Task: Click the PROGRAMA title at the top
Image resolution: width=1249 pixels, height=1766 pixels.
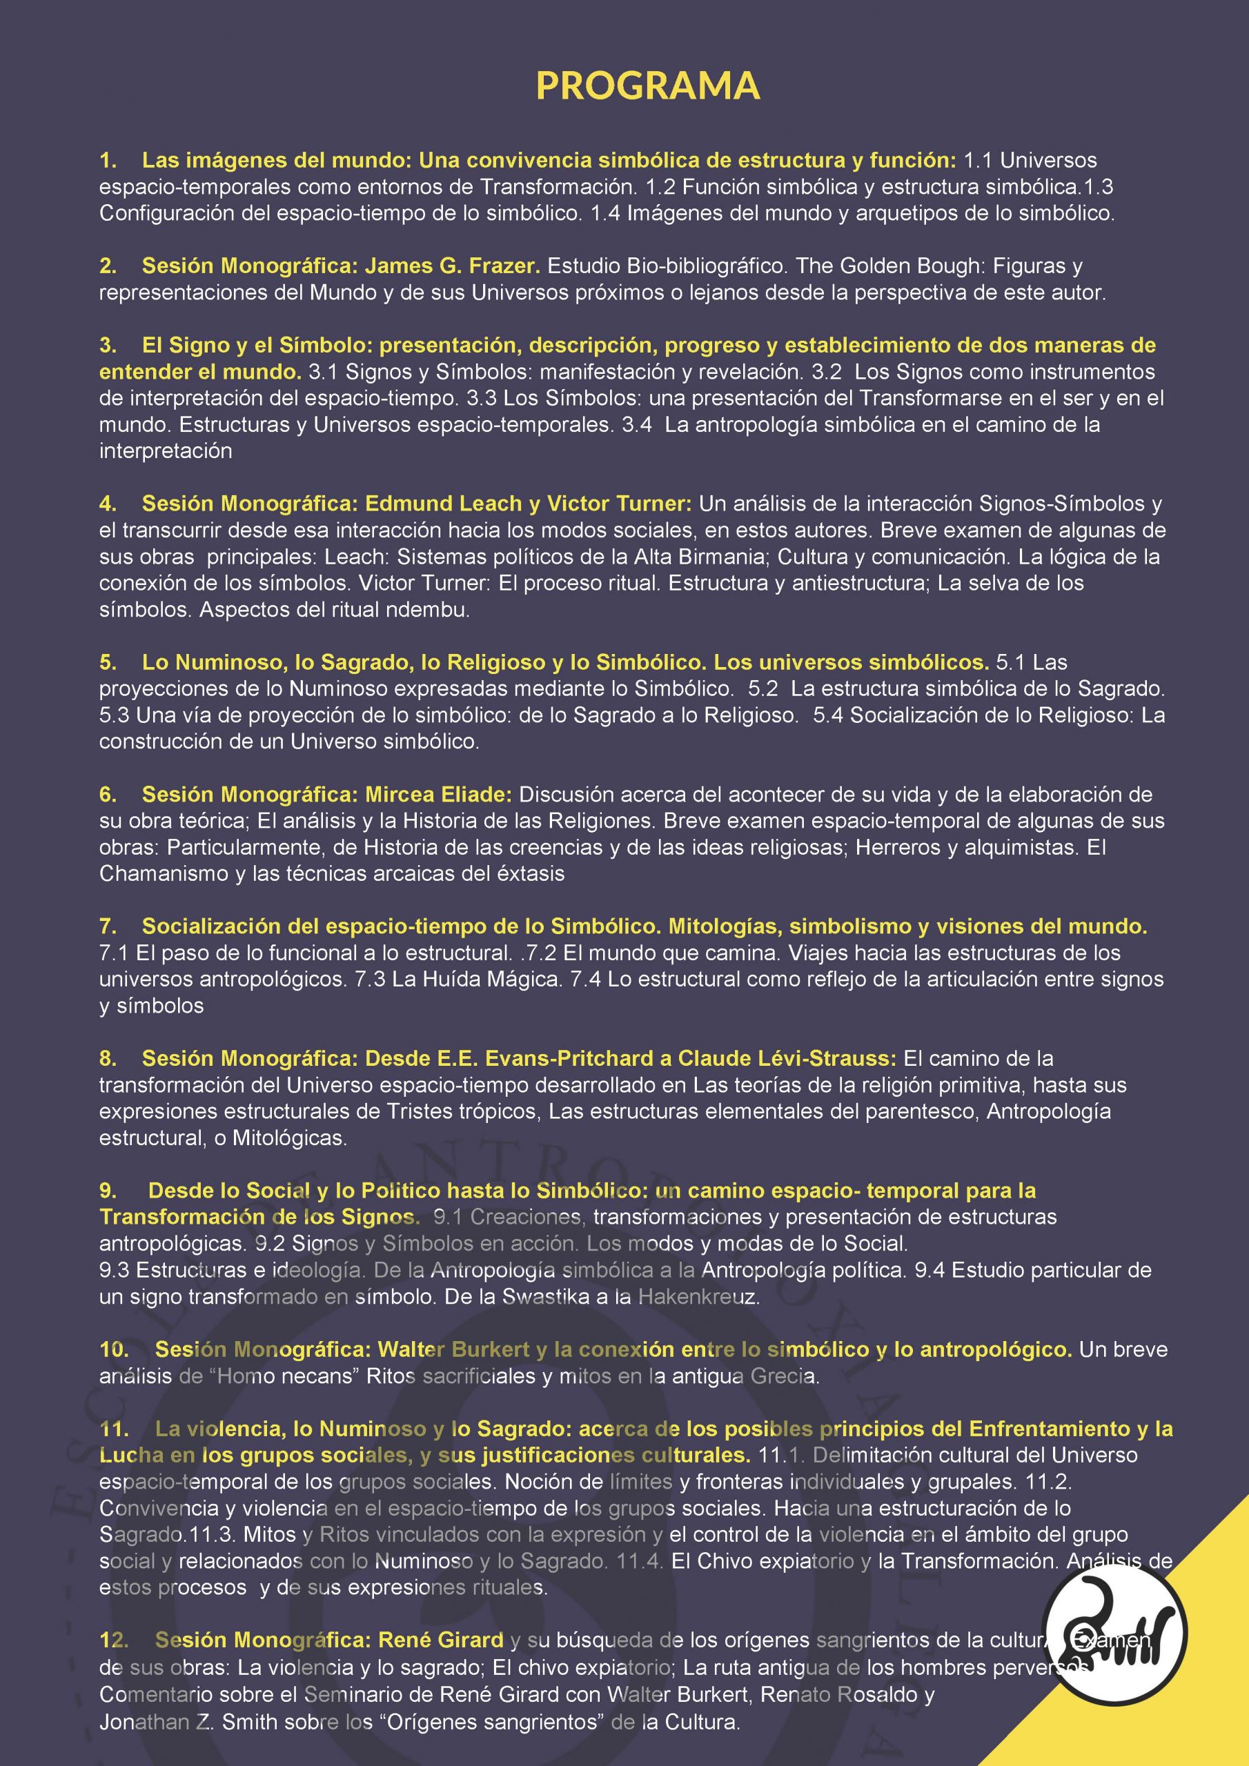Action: pyautogui.click(x=647, y=86)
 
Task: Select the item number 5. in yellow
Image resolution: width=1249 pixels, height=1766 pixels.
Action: pyautogui.click(x=108, y=662)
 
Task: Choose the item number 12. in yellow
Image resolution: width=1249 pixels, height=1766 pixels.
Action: pyautogui.click(x=114, y=1640)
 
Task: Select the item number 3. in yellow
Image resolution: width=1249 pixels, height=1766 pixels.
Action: pyautogui.click(x=108, y=346)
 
